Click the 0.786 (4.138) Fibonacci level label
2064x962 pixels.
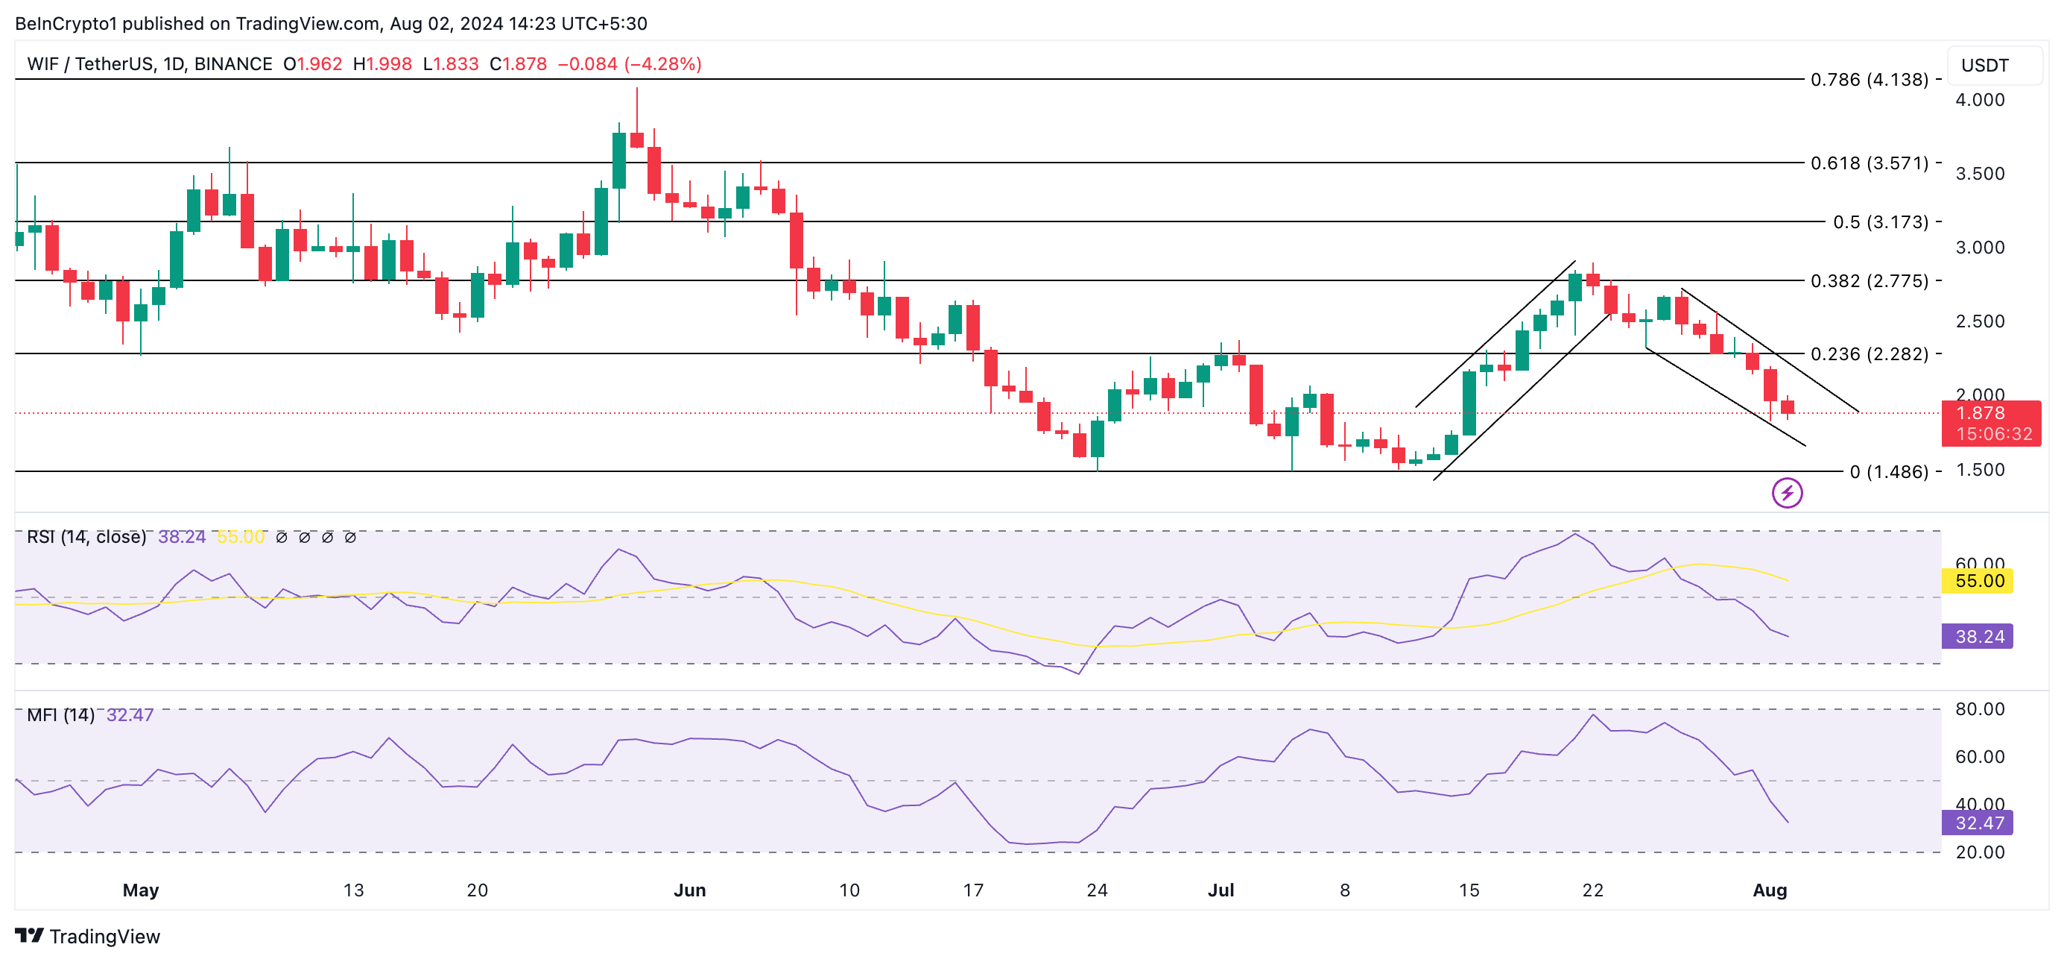tap(1869, 79)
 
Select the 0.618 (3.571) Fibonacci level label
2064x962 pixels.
tap(1869, 163)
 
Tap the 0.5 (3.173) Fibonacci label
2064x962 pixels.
tap(1880, 221)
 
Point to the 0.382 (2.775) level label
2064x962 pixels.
tap(1869, 280)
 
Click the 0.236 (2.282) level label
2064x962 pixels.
tap(1869, 353)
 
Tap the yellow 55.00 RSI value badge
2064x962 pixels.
tap(1978, 580)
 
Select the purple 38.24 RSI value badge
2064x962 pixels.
tap(1978, 637)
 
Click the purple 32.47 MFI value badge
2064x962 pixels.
tap(1978, 823)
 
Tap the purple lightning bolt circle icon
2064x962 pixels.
tap(1787, 493)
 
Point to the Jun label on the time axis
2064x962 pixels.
tap(689, 890)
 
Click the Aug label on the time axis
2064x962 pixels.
tap(1769, 890)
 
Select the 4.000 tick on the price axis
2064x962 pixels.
tap(1979, 99)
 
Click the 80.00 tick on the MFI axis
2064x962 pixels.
tap(1979, 708)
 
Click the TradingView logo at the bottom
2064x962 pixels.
tap(88, 937)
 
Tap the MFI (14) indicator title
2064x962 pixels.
tap(61, 714)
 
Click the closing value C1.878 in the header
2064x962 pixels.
tap(519, 64)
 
